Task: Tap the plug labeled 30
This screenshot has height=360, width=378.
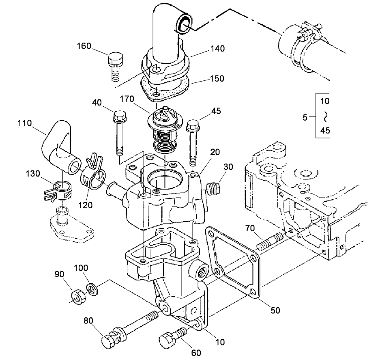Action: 214,188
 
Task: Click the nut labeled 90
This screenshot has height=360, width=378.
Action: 77,296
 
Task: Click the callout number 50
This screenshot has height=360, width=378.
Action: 275,311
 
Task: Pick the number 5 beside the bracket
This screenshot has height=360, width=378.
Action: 305,118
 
